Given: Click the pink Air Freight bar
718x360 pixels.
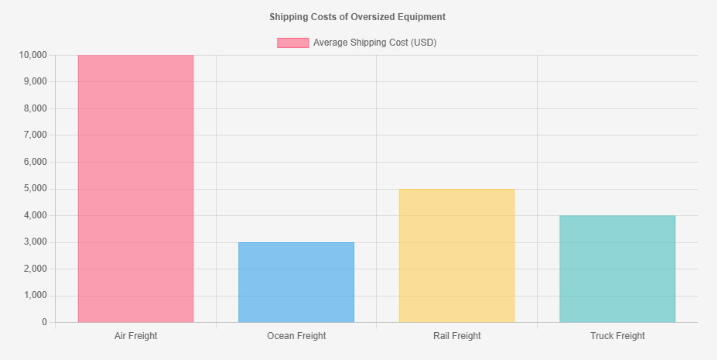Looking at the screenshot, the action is tap(135, 189).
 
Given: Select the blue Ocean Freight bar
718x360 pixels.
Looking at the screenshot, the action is tap(296, 282).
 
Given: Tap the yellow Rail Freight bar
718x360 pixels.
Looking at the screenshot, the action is tap(457, 255).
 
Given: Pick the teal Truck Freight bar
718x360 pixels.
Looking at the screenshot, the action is tap(617, 269).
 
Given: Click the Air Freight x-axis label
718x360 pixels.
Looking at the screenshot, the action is tap(135, 336).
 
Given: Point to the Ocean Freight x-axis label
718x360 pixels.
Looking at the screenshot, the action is tap(296, 336).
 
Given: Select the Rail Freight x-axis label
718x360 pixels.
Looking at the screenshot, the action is tap(457, 336).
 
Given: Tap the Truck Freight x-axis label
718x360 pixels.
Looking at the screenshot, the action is tap(617, 336).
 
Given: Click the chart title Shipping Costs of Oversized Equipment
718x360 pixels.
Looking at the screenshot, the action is tap(357, 17).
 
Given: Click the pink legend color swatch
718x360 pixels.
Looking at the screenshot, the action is tap(293, 43).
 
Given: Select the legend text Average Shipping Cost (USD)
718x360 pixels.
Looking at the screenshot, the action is tap(375, 43).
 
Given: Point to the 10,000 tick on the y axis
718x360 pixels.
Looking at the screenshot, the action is tap(33, 55).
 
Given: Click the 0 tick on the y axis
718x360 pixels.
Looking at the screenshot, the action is tap(44, 322).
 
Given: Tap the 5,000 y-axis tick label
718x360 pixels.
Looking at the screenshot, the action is tap(36, 189).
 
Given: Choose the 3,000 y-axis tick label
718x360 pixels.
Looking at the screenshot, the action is tap(36, 242).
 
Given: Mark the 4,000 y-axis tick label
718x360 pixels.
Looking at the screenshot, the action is tap(36, 215).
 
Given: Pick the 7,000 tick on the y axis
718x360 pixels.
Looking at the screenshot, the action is tap(36, 135).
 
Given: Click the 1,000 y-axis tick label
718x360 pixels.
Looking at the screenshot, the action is tap(36, 296).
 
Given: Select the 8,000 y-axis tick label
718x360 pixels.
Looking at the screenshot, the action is tap(36, 108).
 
